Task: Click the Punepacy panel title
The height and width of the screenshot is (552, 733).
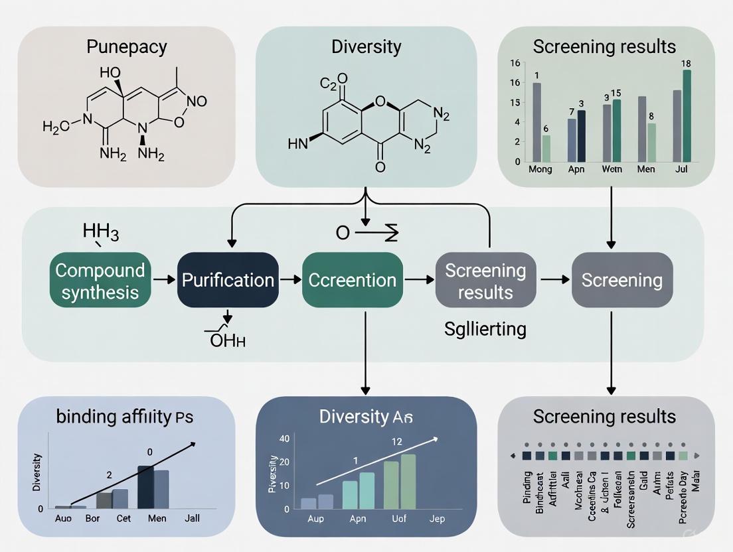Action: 126,47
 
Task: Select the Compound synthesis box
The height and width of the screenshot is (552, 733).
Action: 100,281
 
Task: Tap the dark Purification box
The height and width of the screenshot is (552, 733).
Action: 228,280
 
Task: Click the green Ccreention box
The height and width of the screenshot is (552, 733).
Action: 353,280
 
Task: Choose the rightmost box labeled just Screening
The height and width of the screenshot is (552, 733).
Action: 621,280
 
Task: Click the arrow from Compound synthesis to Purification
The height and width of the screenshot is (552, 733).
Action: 161,281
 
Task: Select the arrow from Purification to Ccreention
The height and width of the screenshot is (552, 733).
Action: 289,281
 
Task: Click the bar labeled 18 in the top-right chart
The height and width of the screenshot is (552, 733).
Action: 687,116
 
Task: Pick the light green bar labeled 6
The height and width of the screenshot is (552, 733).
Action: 546,149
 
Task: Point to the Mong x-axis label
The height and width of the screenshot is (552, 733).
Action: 540,169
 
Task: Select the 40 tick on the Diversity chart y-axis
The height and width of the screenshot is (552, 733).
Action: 284,439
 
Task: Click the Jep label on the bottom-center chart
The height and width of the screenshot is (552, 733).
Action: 437,518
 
